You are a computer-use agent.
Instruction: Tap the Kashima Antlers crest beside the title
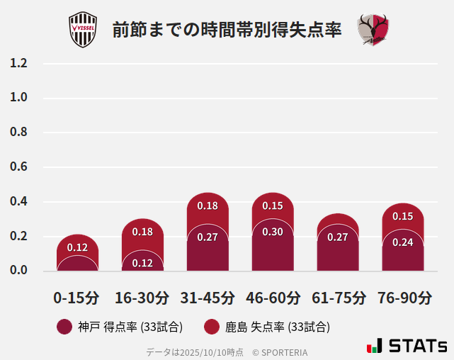373,30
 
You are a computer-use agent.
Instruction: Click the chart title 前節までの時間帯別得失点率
227,30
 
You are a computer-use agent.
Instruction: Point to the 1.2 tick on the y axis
19,63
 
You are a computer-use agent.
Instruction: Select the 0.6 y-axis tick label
19,167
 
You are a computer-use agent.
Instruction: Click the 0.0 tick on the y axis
19,271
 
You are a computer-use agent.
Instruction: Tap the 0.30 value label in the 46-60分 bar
273,232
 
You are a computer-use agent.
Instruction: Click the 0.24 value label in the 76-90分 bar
403,242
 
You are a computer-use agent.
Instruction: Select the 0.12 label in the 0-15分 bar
77,247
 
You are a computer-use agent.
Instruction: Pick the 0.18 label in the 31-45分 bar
208,206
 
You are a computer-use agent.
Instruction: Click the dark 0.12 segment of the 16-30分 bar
142,262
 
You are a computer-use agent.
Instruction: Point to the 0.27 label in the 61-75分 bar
338,237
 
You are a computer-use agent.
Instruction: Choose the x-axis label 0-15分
76,298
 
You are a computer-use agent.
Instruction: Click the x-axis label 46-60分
273,298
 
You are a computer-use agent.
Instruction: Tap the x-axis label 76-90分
404,298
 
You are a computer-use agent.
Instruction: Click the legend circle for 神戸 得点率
64,327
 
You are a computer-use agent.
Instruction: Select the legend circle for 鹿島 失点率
211,327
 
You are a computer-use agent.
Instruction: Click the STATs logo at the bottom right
407,346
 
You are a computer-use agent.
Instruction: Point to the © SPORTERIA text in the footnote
280,351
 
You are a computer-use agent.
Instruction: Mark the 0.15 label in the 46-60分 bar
273,206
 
